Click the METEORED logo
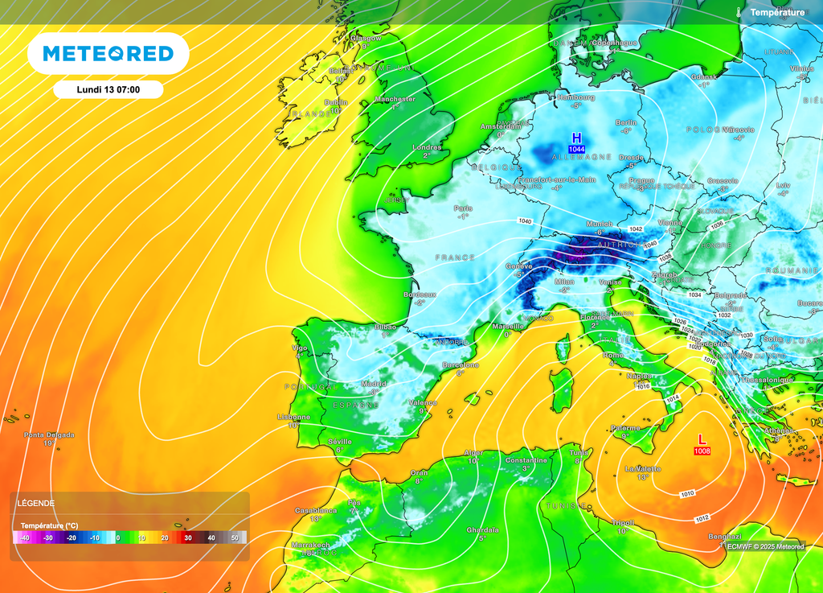tap(108, 54)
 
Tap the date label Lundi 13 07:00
tap(108, 89)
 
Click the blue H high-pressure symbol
tap(576, 138)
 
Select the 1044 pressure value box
tap(576, 150)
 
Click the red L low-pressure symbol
tap(702, 439)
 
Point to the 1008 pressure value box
tap(702, 451)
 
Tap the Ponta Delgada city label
tap(49, 434)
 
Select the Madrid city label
tap(374, 384)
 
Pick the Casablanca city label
tap(315, 510)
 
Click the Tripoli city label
tap(623, 522)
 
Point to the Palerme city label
tap(625, 428)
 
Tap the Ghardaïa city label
tap(482, 529)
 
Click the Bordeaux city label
tap(420, 294)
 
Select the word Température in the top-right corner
tap(777, 12)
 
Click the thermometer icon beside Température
tap(738, 12)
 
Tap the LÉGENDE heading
tap(36, 503)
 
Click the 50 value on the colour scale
tap(235, 537)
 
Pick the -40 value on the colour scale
tap(25, 537)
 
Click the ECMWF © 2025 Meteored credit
tap(765, 546)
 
